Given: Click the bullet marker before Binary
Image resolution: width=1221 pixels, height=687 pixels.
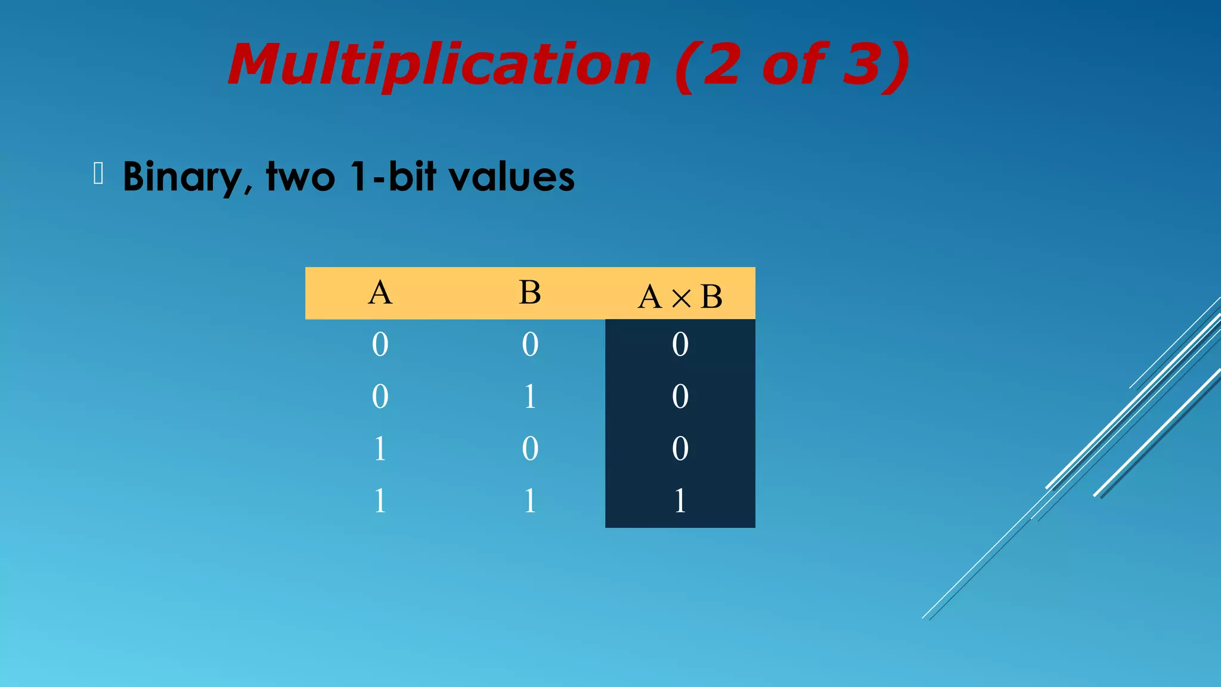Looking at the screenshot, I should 99,174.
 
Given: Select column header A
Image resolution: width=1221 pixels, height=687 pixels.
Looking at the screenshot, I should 380,293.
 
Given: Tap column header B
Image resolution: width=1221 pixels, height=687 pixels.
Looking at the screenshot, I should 530,293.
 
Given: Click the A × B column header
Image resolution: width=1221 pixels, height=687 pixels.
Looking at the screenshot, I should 680,296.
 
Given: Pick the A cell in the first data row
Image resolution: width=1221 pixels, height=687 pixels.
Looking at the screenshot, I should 380,345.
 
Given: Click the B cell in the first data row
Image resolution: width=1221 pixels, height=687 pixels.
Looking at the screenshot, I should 530,345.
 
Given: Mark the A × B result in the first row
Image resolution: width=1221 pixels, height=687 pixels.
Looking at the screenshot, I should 680,345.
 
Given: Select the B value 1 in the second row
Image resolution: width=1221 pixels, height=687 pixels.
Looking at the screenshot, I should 530,397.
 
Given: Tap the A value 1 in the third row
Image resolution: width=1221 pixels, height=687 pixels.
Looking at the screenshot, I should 380,448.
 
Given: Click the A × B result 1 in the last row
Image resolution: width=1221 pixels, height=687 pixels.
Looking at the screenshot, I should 680,500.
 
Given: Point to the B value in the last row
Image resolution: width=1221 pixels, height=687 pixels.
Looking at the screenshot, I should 530,500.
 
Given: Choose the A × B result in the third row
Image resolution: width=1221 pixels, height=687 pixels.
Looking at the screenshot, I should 680,448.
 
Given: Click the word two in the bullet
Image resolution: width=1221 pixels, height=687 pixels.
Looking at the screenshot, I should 300,177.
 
